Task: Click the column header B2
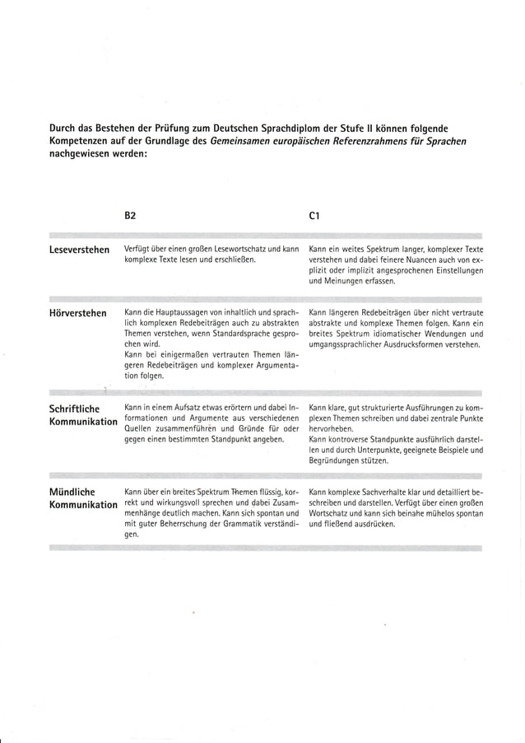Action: (x=130, y=216)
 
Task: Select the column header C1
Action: (x=314, y=216)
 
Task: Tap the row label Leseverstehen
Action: (x=79, y=250)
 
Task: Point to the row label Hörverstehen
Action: (x=77, y=313)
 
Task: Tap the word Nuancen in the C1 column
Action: (x=423, y=259)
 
